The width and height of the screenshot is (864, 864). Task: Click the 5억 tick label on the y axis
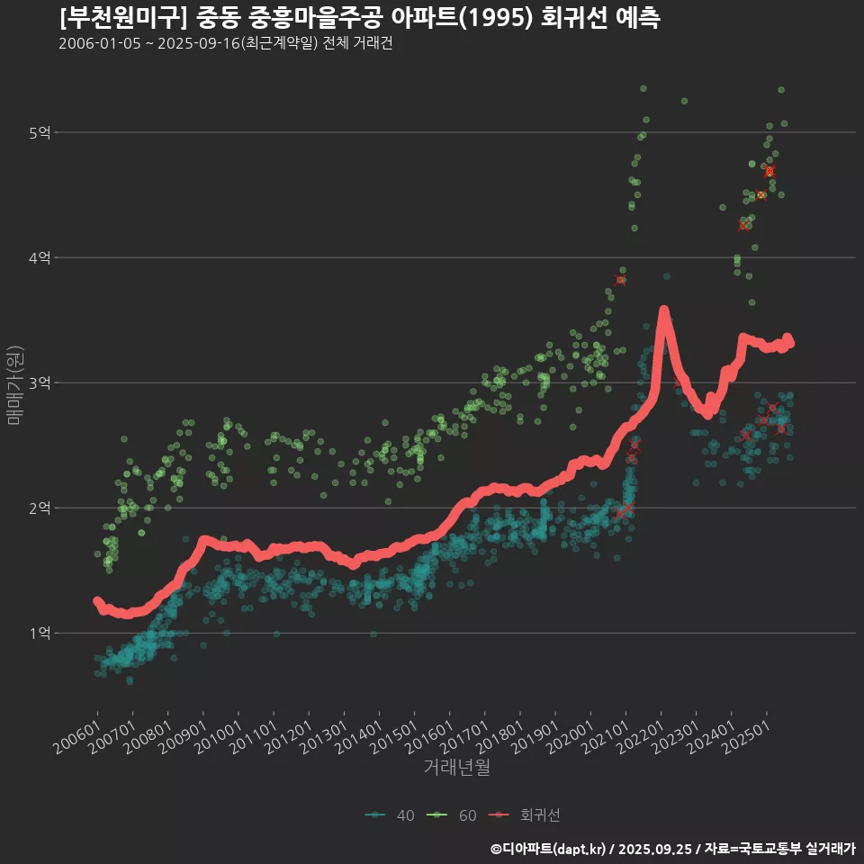[40, 133]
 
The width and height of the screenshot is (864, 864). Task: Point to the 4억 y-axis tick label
[40, 258]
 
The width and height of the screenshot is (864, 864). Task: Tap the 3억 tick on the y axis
[40, 383]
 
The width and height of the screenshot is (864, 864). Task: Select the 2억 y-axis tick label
[40, 508]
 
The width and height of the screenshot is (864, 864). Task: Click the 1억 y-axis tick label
[40, 634]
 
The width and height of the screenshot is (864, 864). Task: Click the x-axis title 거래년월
[456, 768]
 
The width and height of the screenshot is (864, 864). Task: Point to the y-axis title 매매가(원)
[14, 384]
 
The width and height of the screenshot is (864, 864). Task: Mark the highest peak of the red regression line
[664, 311]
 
